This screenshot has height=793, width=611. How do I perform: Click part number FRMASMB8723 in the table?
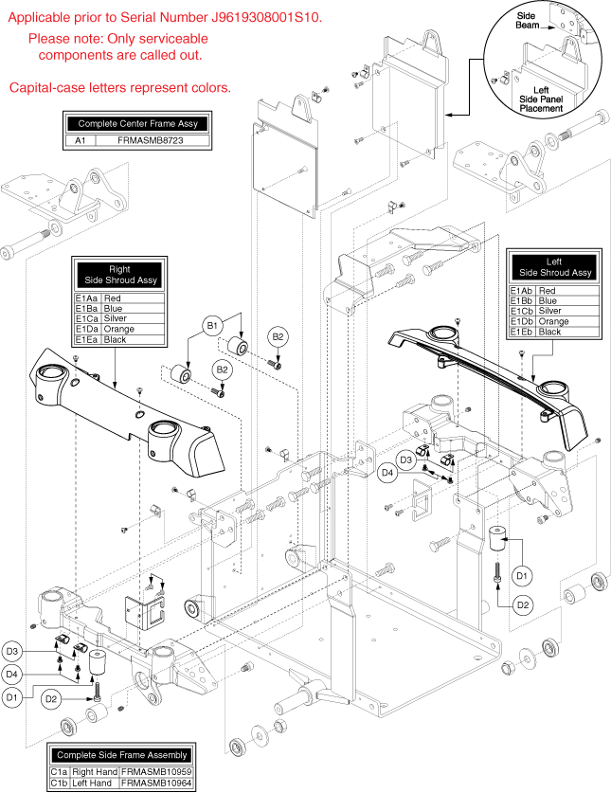click(151, 140)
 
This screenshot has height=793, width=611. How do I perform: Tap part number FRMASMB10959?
click(156, 771)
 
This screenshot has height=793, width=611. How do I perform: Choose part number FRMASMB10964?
click(156, 784)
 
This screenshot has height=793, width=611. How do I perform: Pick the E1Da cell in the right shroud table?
click(87, 329)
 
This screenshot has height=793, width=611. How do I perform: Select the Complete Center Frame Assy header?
click(135, 124)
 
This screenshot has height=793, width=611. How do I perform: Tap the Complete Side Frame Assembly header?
click(120, 755)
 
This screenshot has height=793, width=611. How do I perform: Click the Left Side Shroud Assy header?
click(554, 267)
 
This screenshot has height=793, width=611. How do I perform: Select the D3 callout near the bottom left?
click(37, 651)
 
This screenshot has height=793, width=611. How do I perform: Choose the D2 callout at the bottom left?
click(52, 699)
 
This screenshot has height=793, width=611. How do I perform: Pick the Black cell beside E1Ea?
click(115, 339)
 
